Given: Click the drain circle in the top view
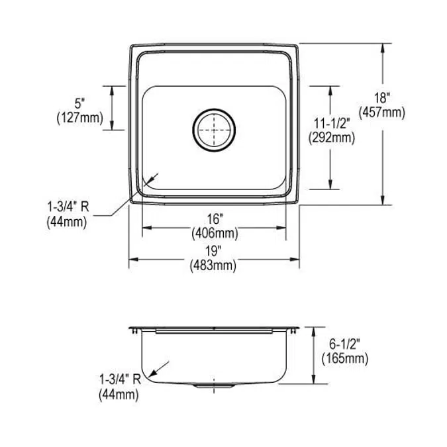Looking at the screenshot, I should tap(214, 128).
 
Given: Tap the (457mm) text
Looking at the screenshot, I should tap(381, 113).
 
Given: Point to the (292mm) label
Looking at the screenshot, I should tap(331, 138).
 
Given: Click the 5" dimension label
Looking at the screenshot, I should tap(80, 104).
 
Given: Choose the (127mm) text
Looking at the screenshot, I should tap(80, 117).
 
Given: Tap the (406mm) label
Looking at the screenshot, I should tap(215, 233).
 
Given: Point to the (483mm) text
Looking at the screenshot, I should tap(213, 265).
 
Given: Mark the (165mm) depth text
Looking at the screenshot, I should tap(344, 360).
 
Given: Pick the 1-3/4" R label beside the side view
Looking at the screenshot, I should tap(119, 379).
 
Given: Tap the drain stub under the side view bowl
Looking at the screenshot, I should tap(213, 385).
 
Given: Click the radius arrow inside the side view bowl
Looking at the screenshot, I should tap(160, 368).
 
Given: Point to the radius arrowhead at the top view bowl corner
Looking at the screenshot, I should tap(150, 179).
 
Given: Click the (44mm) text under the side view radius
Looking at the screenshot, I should tap(119, 395).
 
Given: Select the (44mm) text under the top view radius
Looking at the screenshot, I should tap(67, 222).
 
